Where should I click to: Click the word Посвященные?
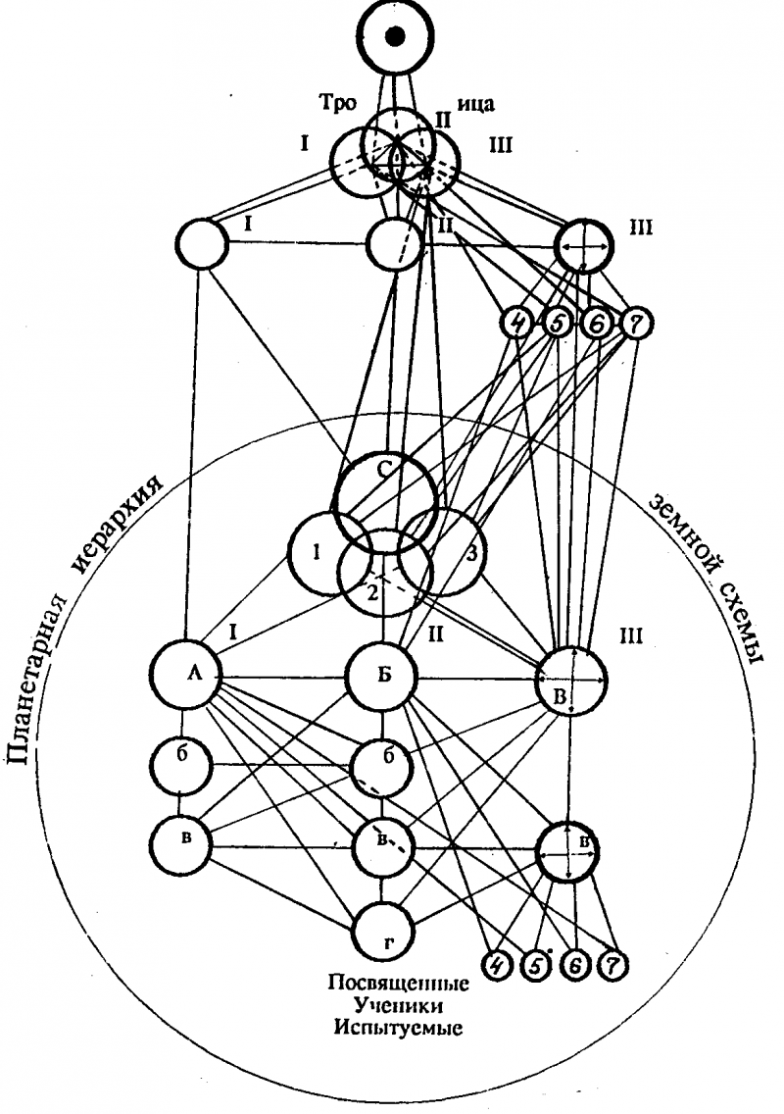point(397,984)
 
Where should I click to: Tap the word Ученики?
point(396,1006)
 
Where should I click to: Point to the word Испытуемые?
point(396,1029)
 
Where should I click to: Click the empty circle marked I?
point(202,244)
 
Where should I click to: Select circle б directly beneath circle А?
point(182,762)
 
